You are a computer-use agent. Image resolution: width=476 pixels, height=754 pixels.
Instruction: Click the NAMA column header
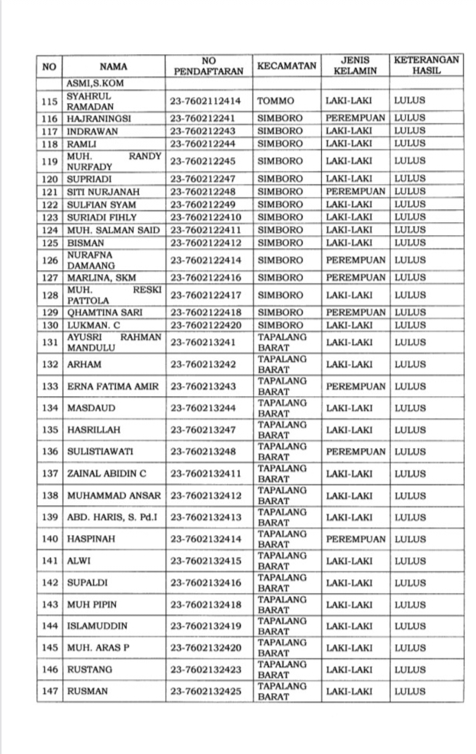[114, 66]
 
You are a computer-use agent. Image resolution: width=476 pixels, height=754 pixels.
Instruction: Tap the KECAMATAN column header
[286, 66]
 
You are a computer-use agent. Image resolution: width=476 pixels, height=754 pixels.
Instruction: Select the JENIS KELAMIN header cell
[355, 66]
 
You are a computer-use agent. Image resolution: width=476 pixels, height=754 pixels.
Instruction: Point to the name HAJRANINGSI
[99, 119]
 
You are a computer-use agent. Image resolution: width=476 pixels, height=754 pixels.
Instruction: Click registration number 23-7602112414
[207, 101]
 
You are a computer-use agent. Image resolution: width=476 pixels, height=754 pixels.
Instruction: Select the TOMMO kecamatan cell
[275, 101]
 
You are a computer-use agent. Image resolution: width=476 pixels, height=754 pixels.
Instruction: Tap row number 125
[50, 243]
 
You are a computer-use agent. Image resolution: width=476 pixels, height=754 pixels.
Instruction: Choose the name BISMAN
[84, 243]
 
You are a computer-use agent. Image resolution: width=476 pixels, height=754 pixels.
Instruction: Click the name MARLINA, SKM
[100, 277]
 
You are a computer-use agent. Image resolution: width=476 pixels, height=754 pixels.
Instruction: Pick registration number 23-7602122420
[207, 324]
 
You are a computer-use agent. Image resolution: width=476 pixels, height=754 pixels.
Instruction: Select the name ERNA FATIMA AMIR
[113, 386]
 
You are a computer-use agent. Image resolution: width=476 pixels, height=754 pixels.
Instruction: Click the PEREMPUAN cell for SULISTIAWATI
[355, 452]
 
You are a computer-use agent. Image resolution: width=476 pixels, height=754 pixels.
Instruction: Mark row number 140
[50, 540]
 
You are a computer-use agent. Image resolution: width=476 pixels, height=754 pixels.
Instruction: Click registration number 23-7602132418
[207, 605]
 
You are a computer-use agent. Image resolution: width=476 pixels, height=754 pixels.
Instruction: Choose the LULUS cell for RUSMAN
[410, 691]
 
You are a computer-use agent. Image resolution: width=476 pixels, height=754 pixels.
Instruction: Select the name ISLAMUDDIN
[97, 627]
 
